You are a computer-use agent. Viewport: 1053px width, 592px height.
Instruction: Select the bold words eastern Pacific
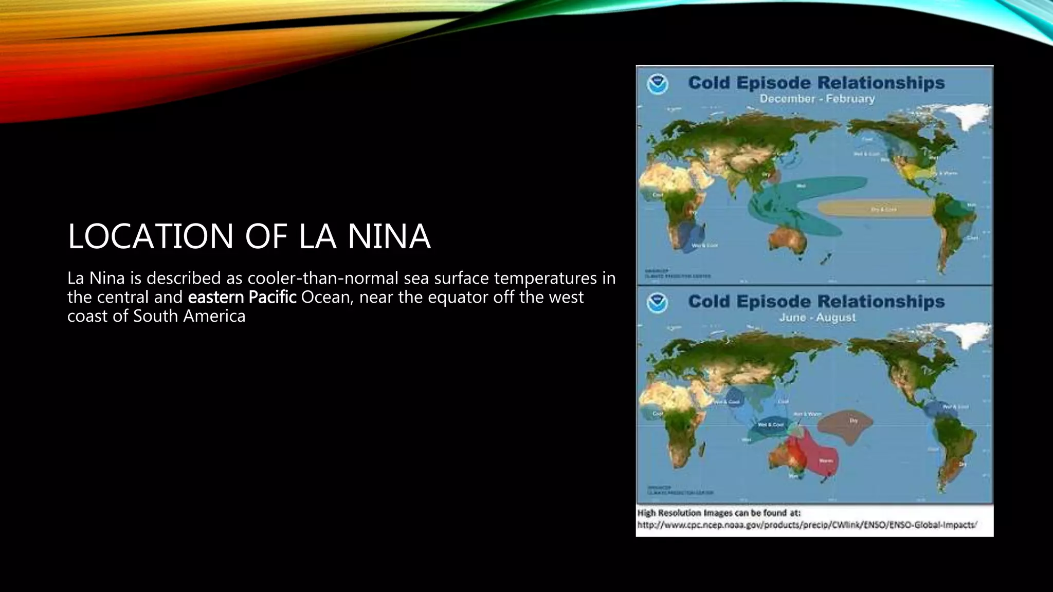pyautogui.click(x=242, y=297)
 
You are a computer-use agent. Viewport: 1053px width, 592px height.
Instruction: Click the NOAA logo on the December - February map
pyautogui.click(x=657, y=84)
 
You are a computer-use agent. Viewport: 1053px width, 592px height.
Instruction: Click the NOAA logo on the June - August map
pyautogui.click(x=657, y=303)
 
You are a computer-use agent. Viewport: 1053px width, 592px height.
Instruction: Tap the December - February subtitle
pyautogui.click(x=816, y=99)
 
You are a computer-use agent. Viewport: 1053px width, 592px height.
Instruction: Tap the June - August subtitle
pyautogui.click(x=817, y=318)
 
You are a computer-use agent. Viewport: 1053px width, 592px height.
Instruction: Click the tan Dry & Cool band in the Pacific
pyautogui.click(x=874, y=208)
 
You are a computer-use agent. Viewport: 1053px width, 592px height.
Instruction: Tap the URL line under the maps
pyautogui.click(x=807, y=525)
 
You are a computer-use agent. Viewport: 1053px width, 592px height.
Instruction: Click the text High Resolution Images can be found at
pyautogui.click(x=719, y=513)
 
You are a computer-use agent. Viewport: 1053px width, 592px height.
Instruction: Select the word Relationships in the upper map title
pyautogui.click(x=881, y=83)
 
